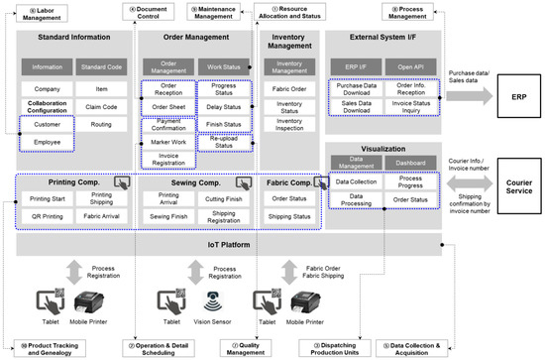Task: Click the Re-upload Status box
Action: point(226,142)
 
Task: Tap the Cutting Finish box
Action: point(225,198)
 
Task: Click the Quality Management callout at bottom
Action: point(238,348)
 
